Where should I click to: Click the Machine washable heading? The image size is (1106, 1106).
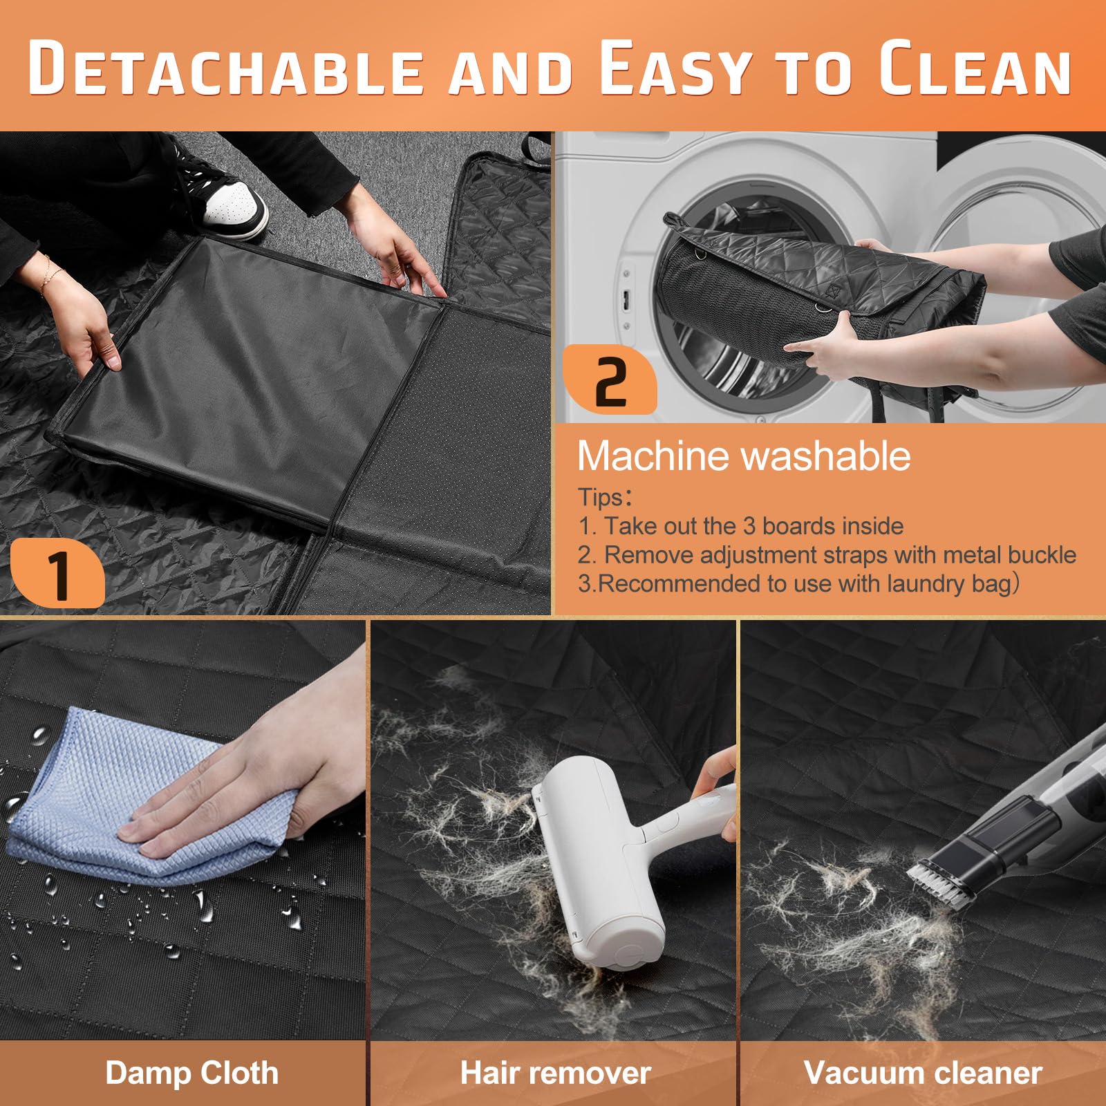(744, 456)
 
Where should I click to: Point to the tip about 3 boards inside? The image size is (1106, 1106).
(741, 526)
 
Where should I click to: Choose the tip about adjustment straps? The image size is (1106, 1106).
(827, 554)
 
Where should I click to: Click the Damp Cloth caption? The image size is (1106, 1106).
(191, 1073)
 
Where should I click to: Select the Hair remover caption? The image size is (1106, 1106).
(556, 1073)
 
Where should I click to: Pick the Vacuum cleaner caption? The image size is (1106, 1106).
(923, 1073)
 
